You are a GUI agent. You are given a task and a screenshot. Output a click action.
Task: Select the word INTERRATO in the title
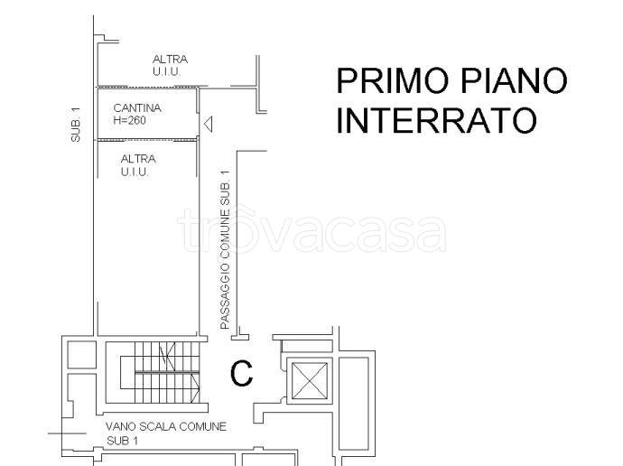(x=436, y=119)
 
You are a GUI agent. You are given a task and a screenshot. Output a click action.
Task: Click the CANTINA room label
(x=133, y=108)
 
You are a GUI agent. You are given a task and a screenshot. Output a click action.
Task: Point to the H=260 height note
(x=130, y=119)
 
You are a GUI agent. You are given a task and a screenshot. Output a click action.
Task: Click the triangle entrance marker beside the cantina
(x=208, y=123)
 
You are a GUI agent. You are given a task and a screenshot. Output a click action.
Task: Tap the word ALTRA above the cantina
(x=170, y=60)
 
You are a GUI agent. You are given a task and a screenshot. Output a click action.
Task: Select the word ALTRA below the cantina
(x=138, y=159)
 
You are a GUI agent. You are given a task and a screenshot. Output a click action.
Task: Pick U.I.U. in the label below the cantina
(x=136, y=171)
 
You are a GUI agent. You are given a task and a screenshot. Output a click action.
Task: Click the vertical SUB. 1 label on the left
(x=77, y=124)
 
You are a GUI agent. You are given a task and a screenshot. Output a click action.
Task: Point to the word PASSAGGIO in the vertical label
(x=226, y=298)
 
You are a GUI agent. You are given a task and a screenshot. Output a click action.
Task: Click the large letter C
(x=241, y=373)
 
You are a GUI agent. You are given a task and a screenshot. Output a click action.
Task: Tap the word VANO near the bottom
(x=121, y=427)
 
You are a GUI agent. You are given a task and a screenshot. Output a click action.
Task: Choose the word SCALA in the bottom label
(x=162, y=427)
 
